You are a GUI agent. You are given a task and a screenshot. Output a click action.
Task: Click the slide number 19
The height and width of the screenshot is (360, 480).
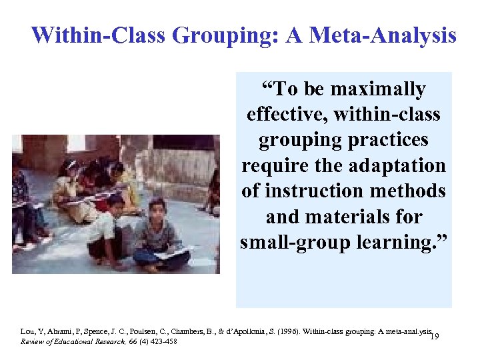click(x=433, y=337)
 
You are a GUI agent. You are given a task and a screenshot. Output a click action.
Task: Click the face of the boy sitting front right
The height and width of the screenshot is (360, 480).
click(x=158, y=209)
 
